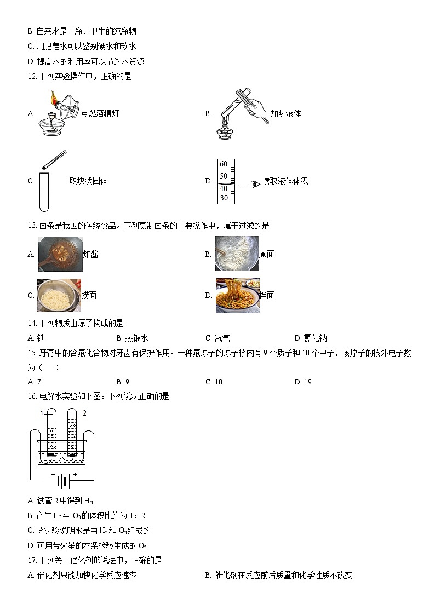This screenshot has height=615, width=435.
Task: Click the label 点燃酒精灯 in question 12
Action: tap(100, 113)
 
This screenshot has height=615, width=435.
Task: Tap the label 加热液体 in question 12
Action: tap(285, 113)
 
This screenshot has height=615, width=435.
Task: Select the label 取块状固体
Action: tap(88, 181)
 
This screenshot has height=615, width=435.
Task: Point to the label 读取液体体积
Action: tap(285, 181)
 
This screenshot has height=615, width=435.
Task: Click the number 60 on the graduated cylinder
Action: tap(223, 164)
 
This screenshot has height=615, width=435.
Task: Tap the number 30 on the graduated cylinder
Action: tap(223, 198)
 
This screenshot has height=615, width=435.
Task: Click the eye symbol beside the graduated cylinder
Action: tap(255, 184)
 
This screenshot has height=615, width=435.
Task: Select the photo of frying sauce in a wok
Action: tap(60, 254)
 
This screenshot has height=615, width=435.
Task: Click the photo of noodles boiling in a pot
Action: tap(237, 254)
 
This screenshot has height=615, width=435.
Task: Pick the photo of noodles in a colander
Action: tap(59, 295)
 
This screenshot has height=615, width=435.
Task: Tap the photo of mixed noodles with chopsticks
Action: tap(237, 296)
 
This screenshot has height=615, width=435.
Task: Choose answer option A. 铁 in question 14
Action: tap(36, 338)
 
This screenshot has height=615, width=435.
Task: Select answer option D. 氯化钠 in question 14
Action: tap(311, 338)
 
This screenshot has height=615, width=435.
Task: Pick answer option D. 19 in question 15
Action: tap(303, 382)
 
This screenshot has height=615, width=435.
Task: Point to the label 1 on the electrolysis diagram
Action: tap(41, 413)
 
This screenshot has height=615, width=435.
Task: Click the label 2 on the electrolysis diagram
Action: tap(84, 412)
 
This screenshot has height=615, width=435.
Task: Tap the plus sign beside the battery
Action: tap(75, 475)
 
